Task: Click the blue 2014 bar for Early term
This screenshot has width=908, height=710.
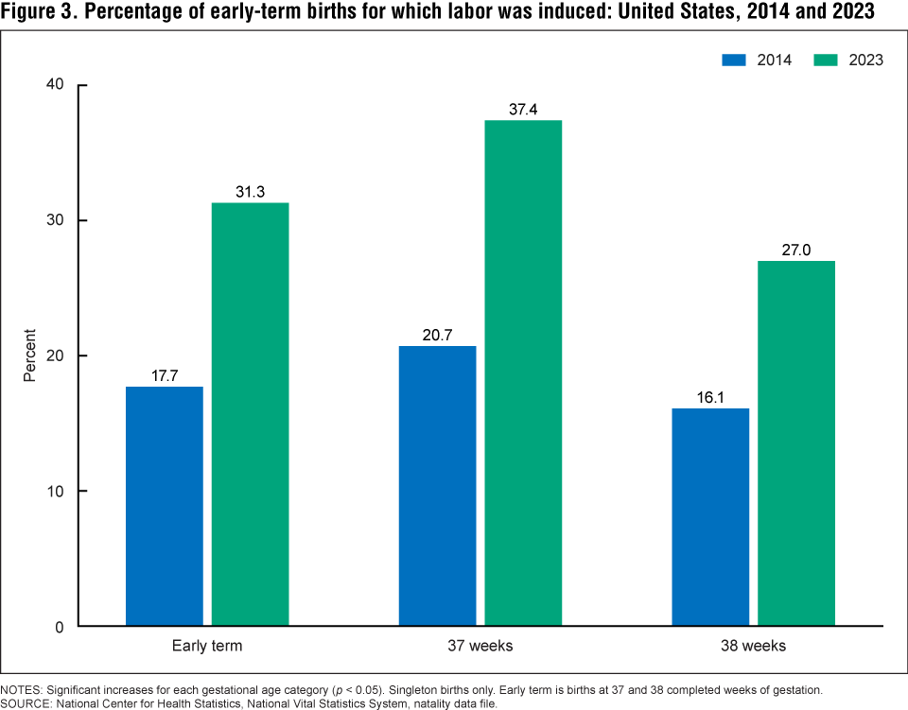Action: (x=165, y=506)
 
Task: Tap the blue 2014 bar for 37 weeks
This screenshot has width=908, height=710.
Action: (x=437, y=486)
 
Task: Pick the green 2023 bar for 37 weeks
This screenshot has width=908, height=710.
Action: (x=523, y=372)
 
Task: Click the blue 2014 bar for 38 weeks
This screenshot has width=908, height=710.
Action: (x=710, y=517)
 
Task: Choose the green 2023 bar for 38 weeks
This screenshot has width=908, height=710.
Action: (x=796, y=443)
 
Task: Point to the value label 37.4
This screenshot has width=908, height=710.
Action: (x=523, y=110)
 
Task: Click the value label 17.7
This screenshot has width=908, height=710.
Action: (x=165, y=375)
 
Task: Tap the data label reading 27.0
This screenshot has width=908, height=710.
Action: (x=796, y=251)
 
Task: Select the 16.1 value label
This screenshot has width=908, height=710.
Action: (x=710, y=398)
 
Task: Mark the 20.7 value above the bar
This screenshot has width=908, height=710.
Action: (x=437, y=336)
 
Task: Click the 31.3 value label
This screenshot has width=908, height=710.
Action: (x=250, y=192)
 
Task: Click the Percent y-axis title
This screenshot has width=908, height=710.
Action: (x=29, y=355)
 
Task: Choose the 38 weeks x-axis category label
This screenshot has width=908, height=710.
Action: (x=753, y=647)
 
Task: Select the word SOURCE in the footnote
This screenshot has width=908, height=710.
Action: (x=26, y=702)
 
